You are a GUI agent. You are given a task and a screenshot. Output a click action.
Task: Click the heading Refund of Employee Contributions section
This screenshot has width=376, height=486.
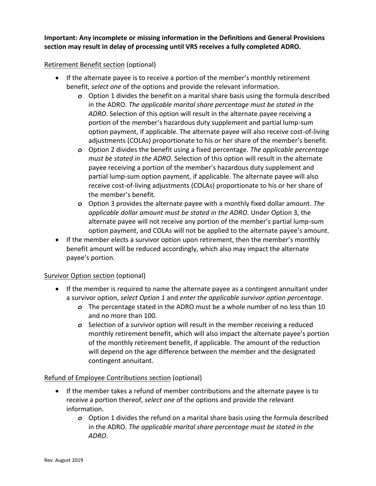click(x=107, y=378)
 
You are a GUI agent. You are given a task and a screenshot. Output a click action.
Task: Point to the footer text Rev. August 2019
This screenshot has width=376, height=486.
click(x=63, y=460)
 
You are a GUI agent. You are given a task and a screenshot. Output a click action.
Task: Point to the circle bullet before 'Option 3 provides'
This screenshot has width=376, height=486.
click(x=80, y=204)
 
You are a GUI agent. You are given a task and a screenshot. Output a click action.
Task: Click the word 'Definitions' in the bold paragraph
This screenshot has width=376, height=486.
click(x=206, y=38)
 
